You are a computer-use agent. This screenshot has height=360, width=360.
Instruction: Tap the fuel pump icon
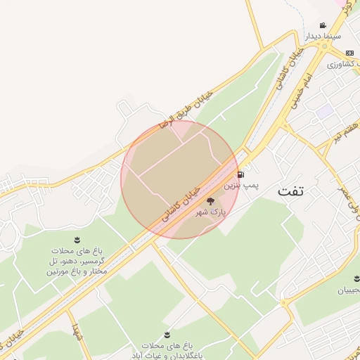[x=242, y=174]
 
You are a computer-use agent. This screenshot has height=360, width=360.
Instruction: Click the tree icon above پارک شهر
[x=210, y=201]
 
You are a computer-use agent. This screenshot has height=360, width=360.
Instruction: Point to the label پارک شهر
[x=210, y=212]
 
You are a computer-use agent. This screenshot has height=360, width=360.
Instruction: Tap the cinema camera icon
[x=323, y=25]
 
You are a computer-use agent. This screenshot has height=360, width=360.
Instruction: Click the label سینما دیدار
[x=322, y=35]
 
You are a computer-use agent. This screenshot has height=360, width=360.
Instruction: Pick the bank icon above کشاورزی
[x=350, y=53]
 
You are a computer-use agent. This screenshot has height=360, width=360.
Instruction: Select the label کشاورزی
[x=343, y=64]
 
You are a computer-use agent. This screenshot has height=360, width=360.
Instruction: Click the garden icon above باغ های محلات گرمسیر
[x=77, y=240]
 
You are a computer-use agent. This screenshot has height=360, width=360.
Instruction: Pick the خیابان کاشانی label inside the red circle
[x=182, y=205]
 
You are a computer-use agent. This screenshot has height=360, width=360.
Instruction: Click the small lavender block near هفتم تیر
[x=323, y=111]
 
